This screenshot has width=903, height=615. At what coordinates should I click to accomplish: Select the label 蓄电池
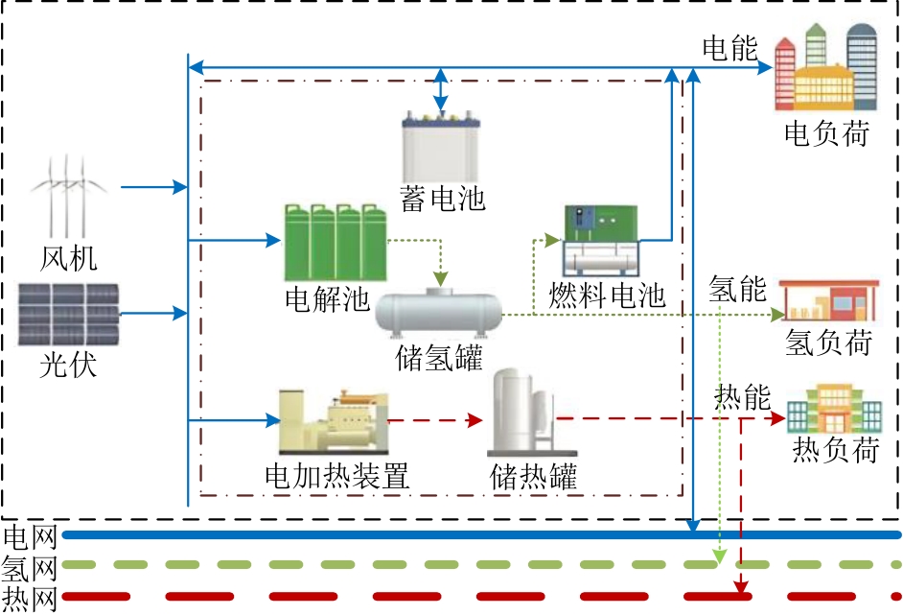442,199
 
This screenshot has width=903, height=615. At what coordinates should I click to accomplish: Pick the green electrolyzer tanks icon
335,242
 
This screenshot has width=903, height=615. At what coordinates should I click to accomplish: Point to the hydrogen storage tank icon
439,313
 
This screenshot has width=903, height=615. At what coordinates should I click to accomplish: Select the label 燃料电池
607,294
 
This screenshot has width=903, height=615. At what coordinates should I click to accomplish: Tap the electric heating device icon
333,422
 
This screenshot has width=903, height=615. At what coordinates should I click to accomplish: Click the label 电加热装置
336,476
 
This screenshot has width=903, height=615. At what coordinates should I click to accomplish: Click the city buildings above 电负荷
827,69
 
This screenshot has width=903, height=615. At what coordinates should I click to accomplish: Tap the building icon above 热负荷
834,412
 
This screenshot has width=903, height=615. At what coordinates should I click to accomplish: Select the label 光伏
68,365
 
